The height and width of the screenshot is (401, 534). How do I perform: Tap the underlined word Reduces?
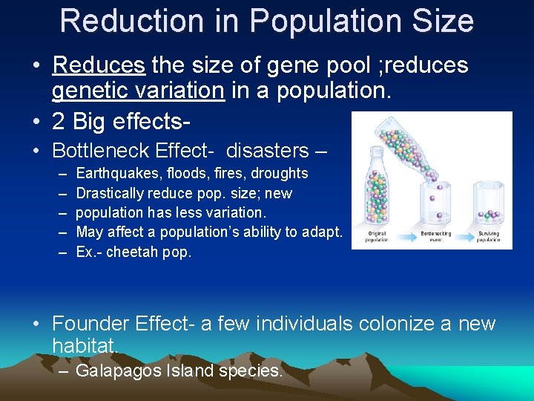click(98, 65)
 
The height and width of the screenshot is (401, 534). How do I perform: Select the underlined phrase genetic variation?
click(137, 91)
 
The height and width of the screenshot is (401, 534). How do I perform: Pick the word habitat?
click(83, 346)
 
